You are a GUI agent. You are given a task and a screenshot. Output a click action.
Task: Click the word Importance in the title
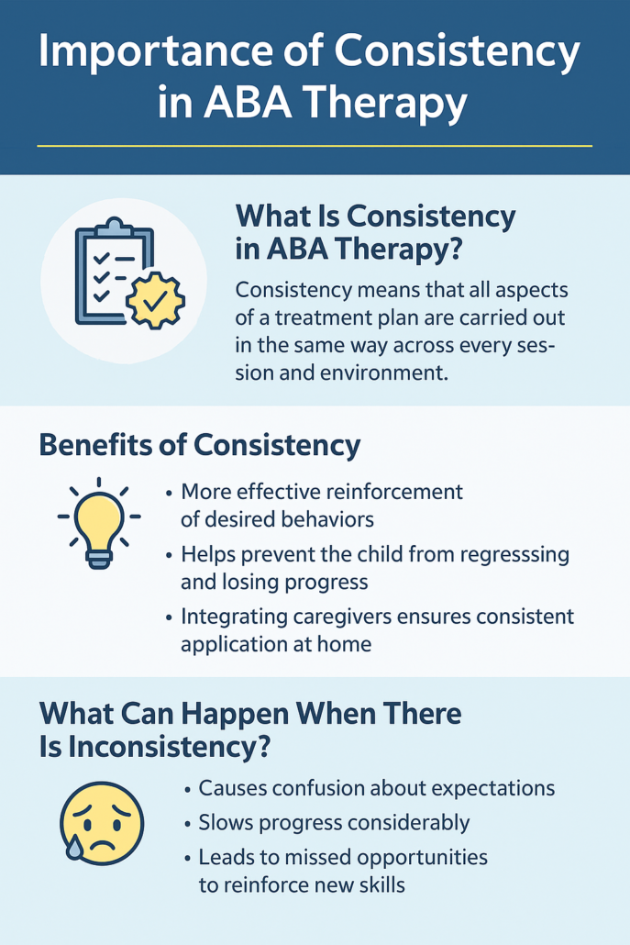[152, 53]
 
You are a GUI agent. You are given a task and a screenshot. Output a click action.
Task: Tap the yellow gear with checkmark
[155, 299]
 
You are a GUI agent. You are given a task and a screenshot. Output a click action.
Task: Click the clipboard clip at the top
[115, 228]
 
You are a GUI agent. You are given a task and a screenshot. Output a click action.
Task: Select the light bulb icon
[99, 523]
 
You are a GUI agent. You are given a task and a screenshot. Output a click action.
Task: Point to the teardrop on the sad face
[74, 849]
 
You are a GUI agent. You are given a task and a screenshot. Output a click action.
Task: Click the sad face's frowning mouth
[103, 842]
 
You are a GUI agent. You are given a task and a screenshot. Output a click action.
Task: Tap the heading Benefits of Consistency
[199, 445]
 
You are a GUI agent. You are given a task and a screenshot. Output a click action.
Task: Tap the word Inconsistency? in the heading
[169, 748]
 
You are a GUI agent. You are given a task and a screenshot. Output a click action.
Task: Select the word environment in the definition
[384, 372]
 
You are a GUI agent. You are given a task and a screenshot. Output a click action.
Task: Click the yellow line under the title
[315, 146]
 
